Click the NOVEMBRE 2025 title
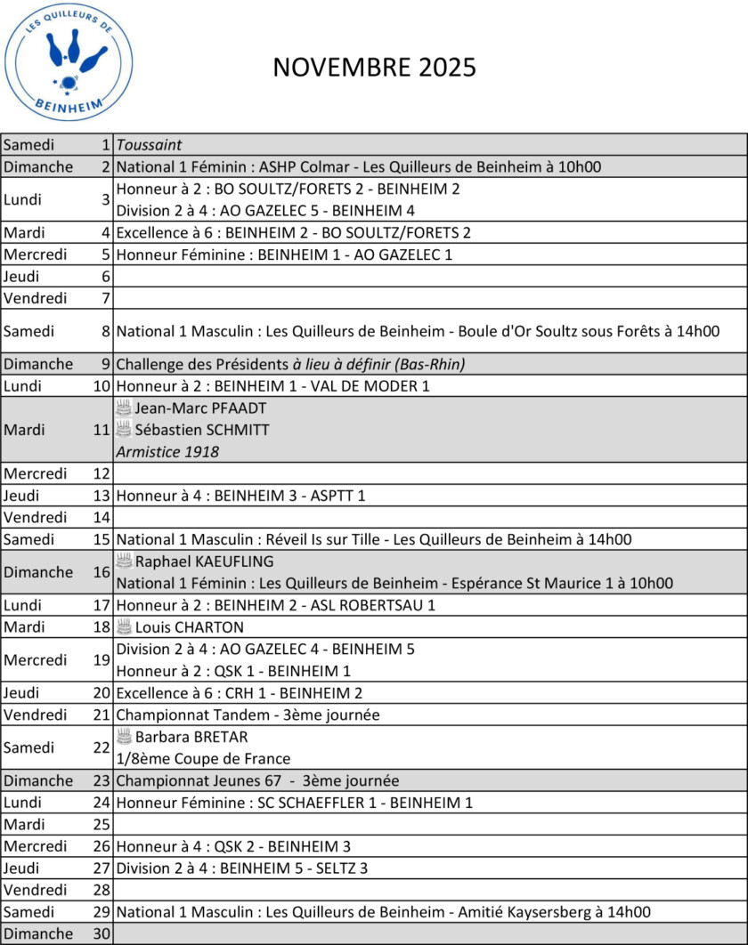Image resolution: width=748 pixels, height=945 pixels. click(x=374, y=68)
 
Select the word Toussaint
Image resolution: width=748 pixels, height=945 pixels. click(x=150, y=145)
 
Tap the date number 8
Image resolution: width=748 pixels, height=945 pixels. click(x=106, y=331)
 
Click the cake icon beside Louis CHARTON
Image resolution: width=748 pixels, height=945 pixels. click(x=124, y=626)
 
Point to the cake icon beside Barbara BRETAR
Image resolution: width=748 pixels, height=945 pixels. click(x=124, y=737)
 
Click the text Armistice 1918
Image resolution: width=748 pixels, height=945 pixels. click(x=167, y=452)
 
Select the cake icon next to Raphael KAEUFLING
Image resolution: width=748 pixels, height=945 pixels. click(x=124, y=561)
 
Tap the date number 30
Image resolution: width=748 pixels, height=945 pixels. click(x=102, y=933)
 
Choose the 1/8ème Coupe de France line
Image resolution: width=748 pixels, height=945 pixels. click(x=203, y=759)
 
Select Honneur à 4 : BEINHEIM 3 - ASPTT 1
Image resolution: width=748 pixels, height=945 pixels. click(x=240, y=496)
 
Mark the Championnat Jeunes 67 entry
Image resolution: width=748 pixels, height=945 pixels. click(x=257, y=780)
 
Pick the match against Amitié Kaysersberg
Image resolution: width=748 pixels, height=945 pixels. click(x=383, y=911)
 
